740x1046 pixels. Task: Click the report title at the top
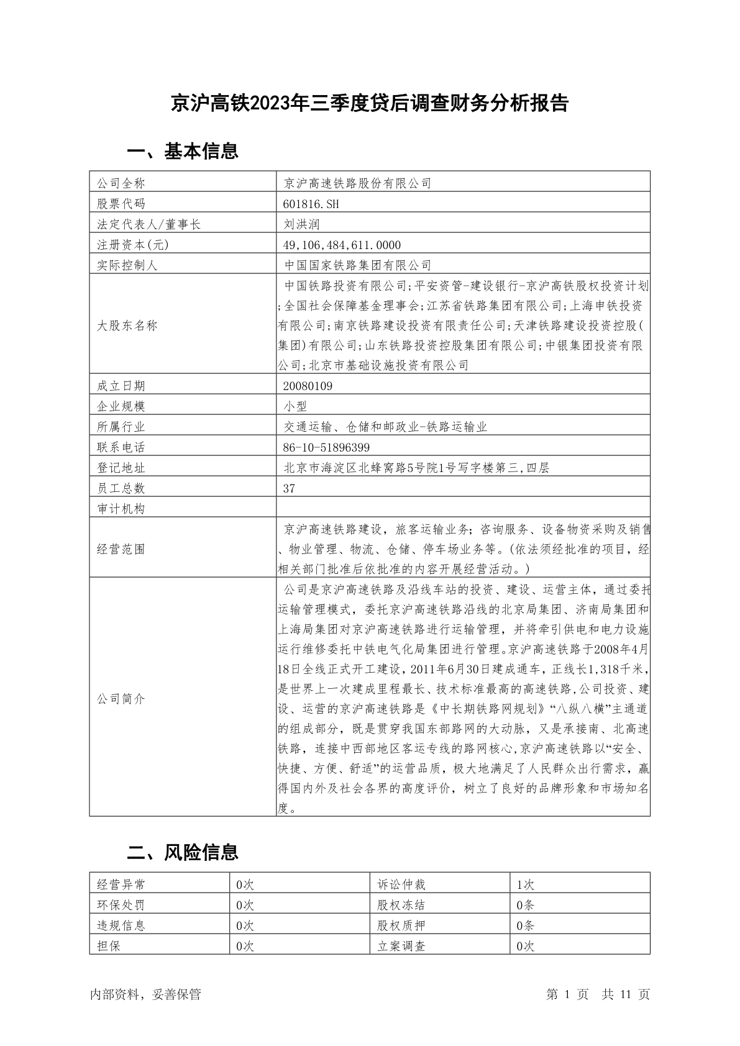370,103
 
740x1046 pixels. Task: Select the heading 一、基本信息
183,151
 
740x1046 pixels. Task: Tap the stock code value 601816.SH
311,204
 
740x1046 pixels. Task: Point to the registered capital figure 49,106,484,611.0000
342,245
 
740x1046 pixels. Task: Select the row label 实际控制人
127,265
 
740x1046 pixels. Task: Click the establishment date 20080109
308,386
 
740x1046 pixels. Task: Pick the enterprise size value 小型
295,406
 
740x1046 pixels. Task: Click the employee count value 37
290,488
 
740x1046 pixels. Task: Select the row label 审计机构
121,509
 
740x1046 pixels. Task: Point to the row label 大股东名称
127,325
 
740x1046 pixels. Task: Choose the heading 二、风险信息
183,852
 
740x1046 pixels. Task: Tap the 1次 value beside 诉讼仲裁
525,885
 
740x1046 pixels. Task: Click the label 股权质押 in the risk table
401,925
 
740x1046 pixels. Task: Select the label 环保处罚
121,905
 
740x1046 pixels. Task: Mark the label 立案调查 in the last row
401,946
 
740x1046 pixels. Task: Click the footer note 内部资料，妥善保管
145,994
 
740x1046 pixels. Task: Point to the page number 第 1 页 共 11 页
598,994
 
